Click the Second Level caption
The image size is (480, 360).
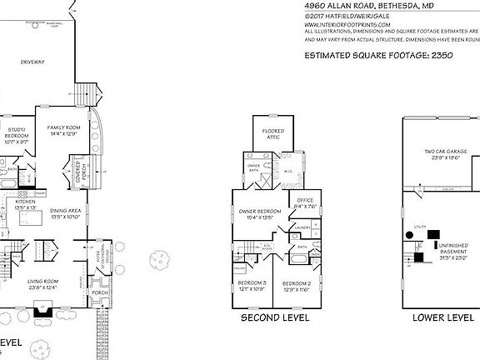pyautogui.click(x=275, y=317)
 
